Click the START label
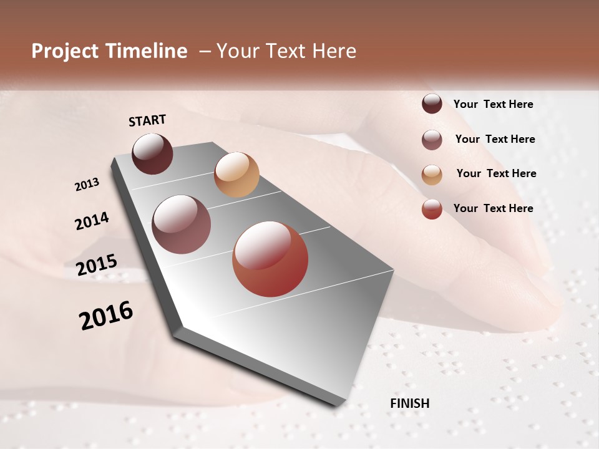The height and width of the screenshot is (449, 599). click(x=147, y=120)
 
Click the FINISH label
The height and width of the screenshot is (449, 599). click(x=409, y=403)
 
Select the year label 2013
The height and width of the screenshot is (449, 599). click(x=87, y=185)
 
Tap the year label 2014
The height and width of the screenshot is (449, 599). click(x=92, y=221)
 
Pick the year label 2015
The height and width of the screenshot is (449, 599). click(x=97, y=265)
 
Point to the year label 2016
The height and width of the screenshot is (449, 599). click(x=106, y=315)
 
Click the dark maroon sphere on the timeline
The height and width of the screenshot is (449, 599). click(x=152, y=153)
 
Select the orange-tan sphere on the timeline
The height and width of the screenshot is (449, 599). click(x=236, y=175)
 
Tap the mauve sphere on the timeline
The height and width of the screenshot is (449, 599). click(x=181, y=224)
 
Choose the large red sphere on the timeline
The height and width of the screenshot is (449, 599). click(x=270, y=259)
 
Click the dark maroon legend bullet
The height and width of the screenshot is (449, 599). click(x=432, y=104)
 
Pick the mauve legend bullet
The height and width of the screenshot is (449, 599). click(x=432, y=140)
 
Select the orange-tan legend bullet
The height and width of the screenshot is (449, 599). click(x=432, y=175)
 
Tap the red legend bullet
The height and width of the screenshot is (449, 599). click(x=432, y=209)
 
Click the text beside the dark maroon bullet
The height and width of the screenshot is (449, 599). click(x=493, y=105)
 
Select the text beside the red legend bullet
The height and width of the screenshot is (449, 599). click(x=493, y=208)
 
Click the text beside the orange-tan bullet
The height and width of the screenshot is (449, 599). click(x=496, y=173)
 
